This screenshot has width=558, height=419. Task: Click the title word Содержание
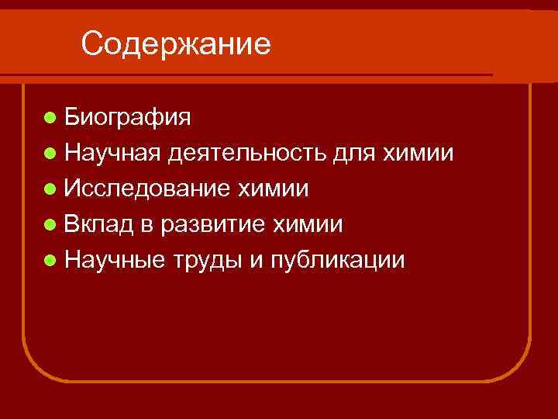point(176,43)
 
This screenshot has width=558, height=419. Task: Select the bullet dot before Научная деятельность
point(50,153)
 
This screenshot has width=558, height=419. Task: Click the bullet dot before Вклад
point(50,224)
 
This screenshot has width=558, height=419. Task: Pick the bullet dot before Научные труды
point(50,260)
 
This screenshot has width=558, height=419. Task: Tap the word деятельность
point(247,153)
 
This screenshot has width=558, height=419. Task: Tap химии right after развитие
point(308,224)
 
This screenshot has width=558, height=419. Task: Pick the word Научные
point(115,260)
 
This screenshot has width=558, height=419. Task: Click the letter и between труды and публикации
point(256,261)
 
